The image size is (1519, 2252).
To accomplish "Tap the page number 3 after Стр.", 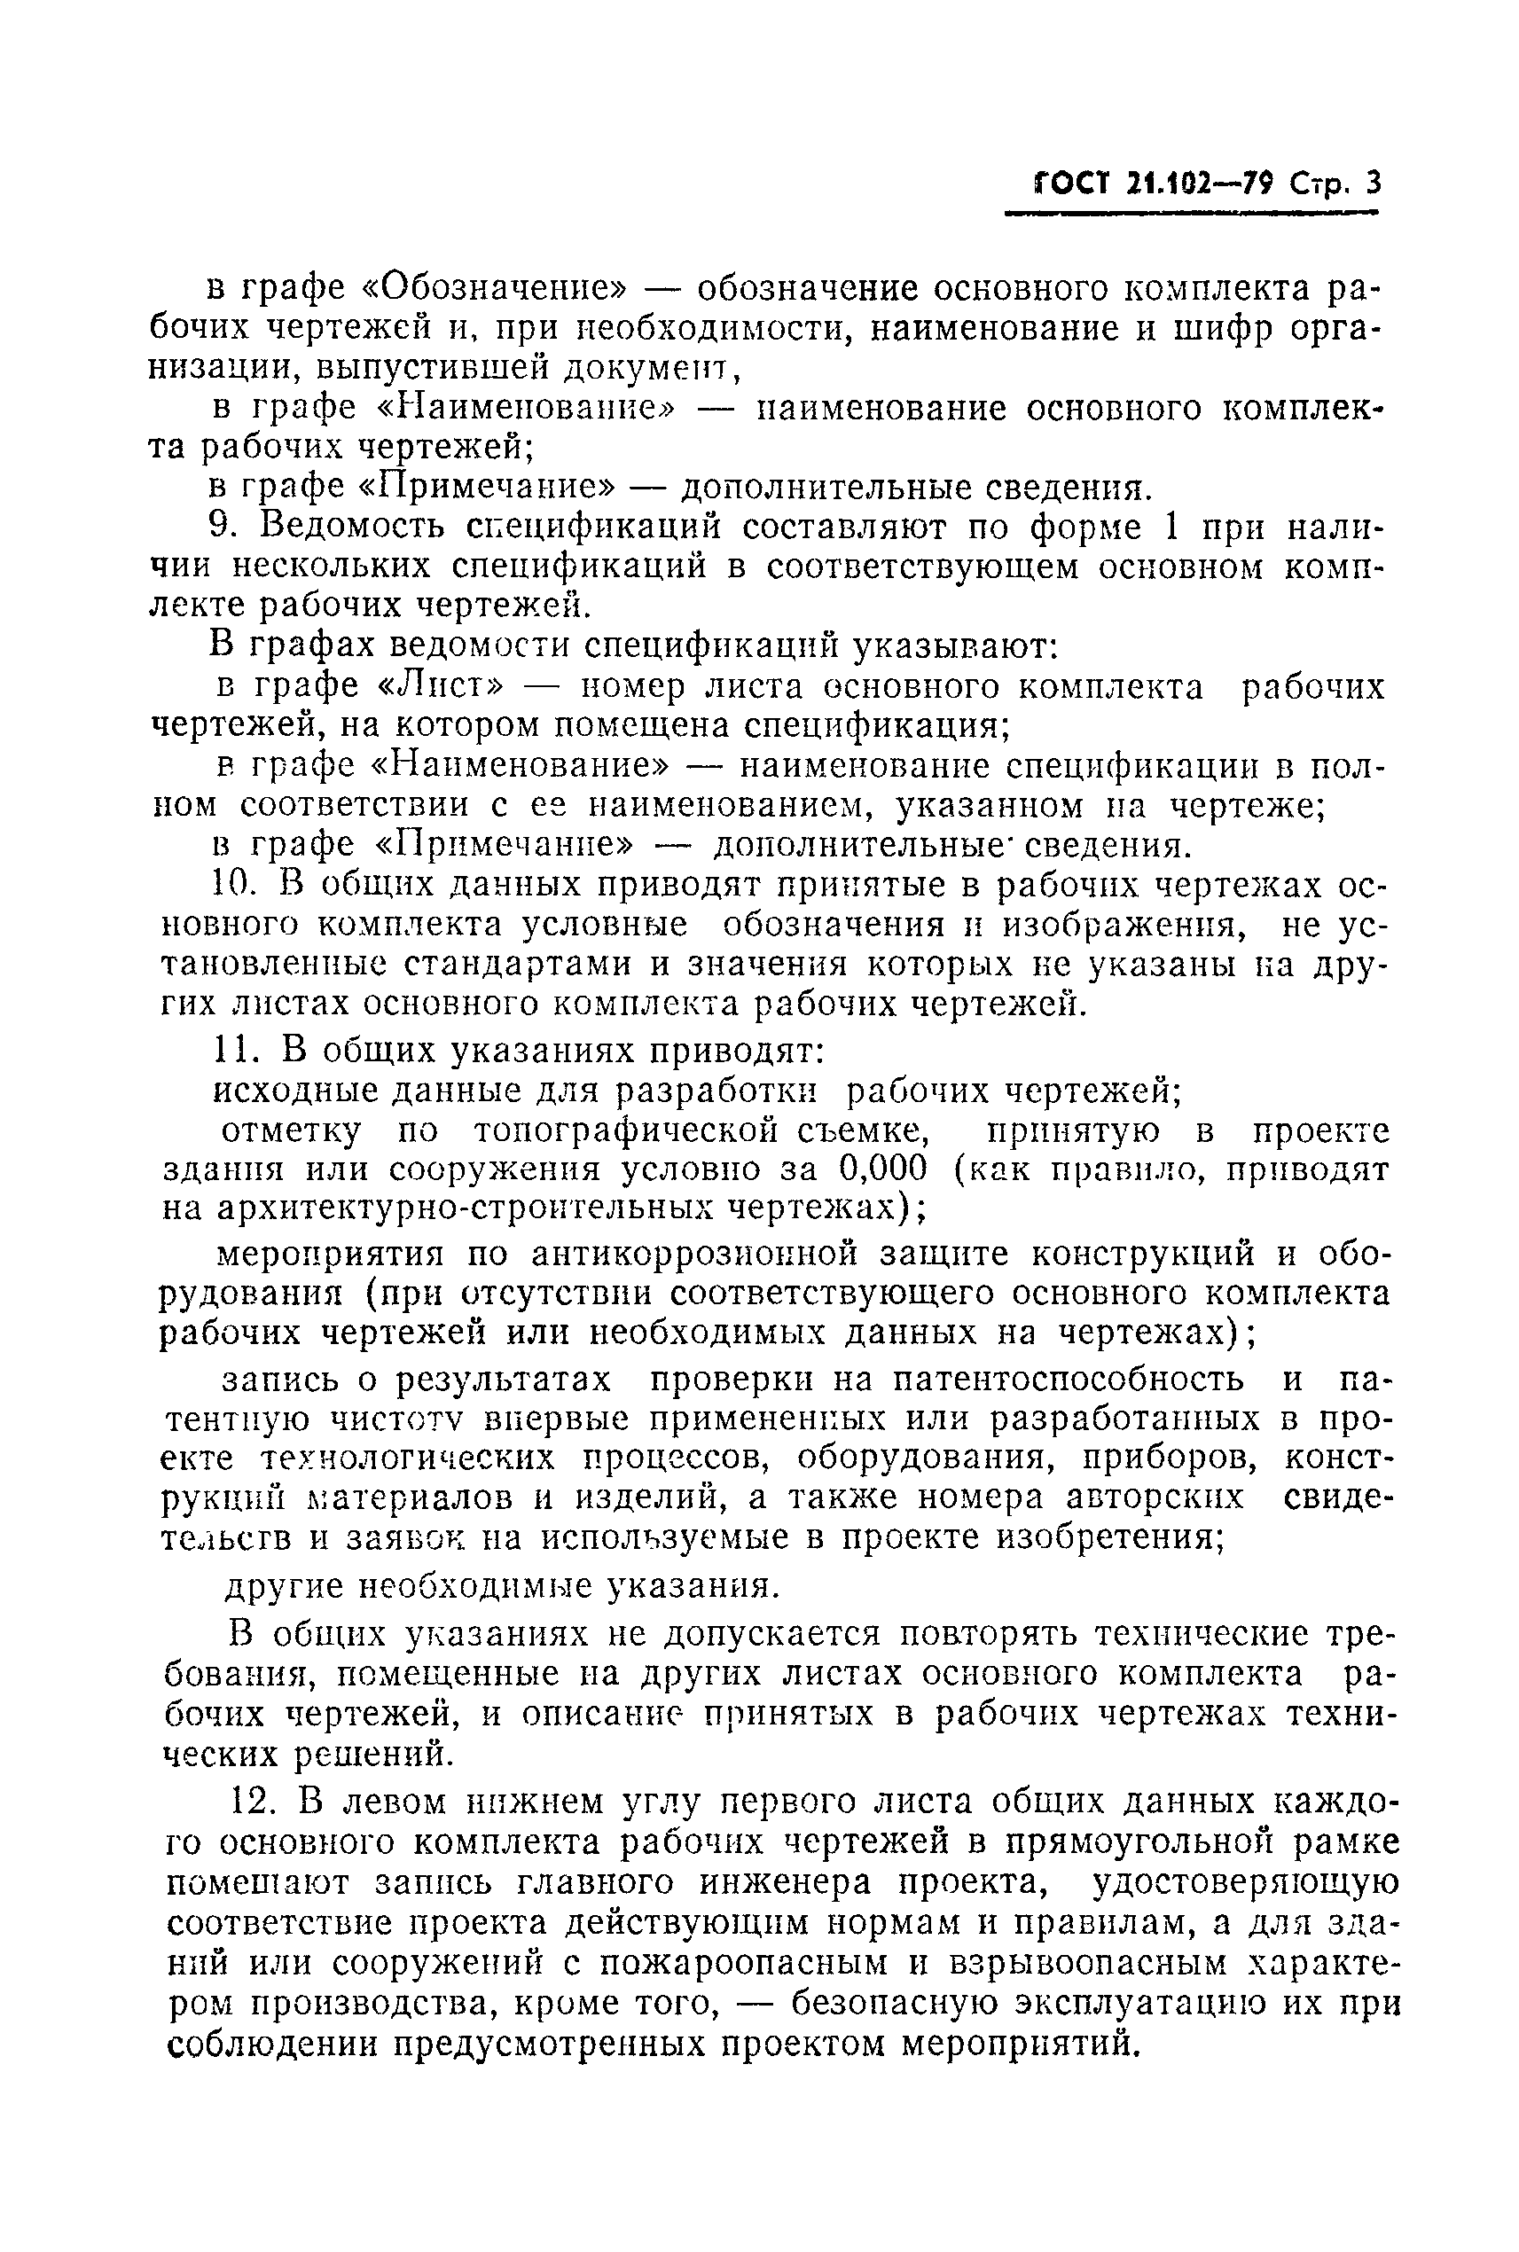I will [x=1371, y=182].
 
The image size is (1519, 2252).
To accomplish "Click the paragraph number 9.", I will [x=223, y=527].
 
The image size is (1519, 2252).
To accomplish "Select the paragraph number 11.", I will [x=233, y=1050].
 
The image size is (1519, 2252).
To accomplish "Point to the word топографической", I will [x=635, y=1130].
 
